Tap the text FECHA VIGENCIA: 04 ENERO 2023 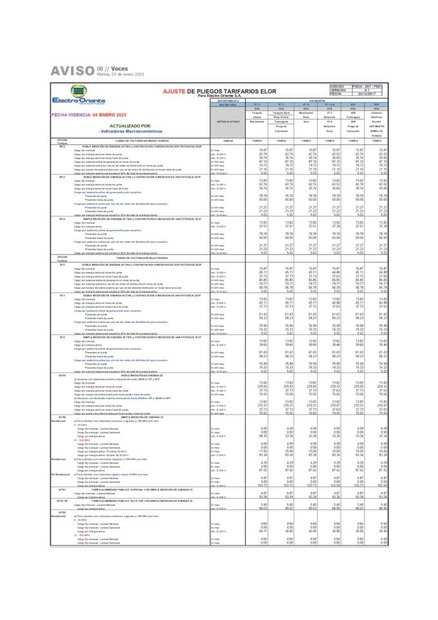tap(90, 114)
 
